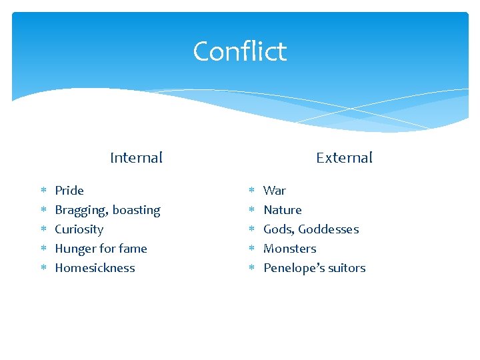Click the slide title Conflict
[239, 51]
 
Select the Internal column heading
[136, 158]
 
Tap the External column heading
[344, 158]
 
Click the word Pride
[69, 191]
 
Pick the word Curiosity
[79, 230]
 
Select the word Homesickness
[95, 268]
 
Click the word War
[275, 191]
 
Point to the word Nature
[283, 210]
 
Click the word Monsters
[290, 249]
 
